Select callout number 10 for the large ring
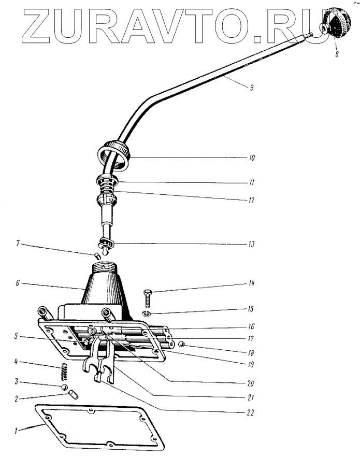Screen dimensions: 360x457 (x=252, y=157)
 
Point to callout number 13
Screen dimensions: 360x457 (x=252, y=243)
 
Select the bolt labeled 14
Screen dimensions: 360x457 (x=147, y=299)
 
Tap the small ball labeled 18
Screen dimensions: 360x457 (x=181, y=344)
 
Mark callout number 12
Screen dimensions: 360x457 (x=252, y=199)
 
